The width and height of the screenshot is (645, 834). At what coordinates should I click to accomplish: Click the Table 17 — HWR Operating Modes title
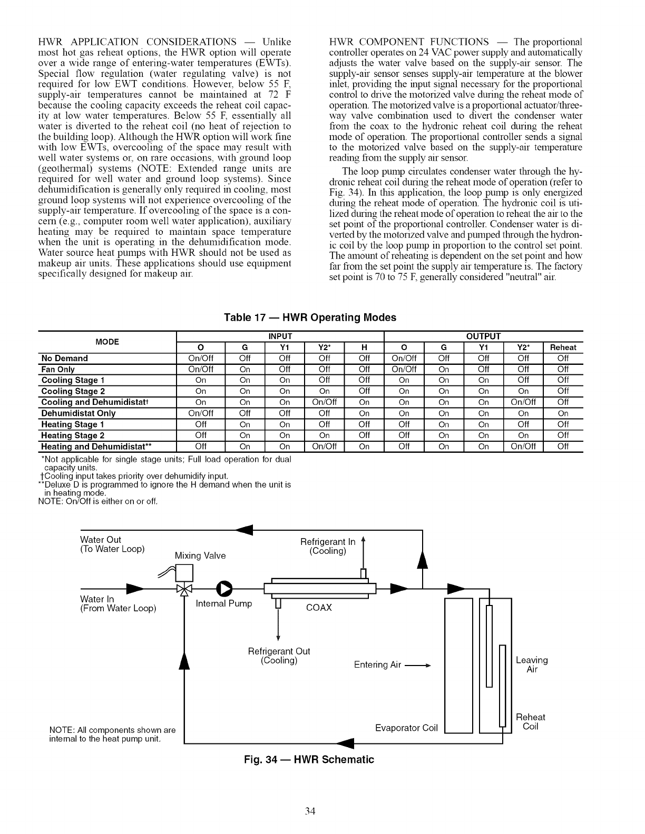click(x=310, y=317)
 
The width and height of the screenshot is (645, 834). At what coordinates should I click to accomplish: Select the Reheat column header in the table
click(x=563, y=347)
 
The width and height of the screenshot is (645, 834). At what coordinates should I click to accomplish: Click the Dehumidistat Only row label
click(x=79, y=413)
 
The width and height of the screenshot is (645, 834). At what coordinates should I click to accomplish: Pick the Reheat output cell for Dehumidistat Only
click(x=563, y=413)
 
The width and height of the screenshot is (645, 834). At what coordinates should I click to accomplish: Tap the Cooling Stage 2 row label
click(x=73, y=391)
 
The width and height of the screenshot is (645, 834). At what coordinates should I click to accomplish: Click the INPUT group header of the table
click(x=280, y=336)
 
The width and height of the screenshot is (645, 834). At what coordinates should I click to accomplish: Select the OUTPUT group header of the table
click(x=484, y=336)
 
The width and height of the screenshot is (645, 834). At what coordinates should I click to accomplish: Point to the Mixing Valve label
click(x=200, y=556)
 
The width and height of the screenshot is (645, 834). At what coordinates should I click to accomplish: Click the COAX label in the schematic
click(x=319, y=608)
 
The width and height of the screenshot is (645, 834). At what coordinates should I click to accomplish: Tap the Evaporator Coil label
click(x=406, y=728)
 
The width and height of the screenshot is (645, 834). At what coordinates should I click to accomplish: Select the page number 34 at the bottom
click(x=309, y=811)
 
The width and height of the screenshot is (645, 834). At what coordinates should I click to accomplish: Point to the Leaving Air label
click(x=532, y=665)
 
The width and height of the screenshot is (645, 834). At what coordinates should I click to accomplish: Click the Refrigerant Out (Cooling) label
click(x=279, y=656)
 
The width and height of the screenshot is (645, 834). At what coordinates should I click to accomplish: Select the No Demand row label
click(x=65, y=359)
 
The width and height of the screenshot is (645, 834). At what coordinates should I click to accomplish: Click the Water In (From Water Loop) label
click(x=118, y=604)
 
